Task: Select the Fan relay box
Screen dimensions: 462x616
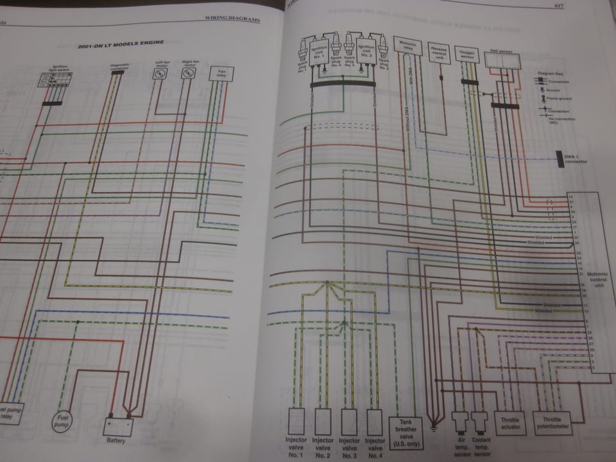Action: click(221, 74)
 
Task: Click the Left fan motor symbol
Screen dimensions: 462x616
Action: click(160, 74)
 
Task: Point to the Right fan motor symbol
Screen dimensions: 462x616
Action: click(188, 74)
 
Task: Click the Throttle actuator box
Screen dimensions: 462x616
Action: click(510, 420)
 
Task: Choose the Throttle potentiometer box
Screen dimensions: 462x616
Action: click(551, 420)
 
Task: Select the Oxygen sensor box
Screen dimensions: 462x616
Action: click(466, 53)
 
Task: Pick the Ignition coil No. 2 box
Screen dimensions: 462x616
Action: click(366, 50)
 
